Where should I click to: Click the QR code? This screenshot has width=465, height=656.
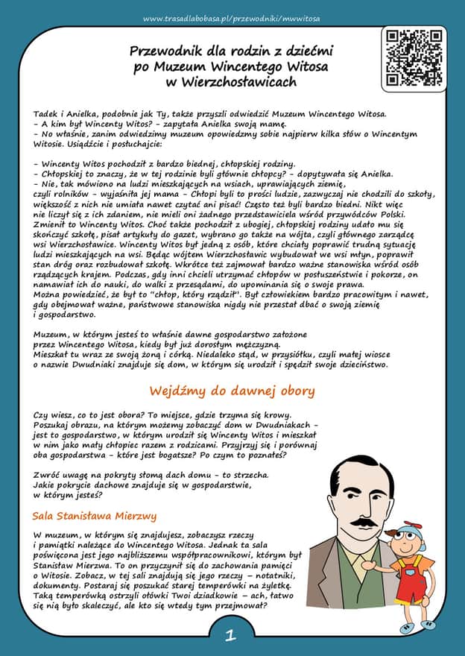click(414, 57)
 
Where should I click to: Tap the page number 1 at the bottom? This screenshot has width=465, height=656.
click(231, 636)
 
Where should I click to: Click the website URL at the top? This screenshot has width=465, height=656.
click(232, 17)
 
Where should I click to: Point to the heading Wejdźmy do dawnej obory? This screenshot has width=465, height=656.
click(232, 391)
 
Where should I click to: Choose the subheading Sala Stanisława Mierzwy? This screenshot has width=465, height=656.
click(95, 516)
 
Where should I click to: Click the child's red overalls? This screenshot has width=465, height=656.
click(410, 578)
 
